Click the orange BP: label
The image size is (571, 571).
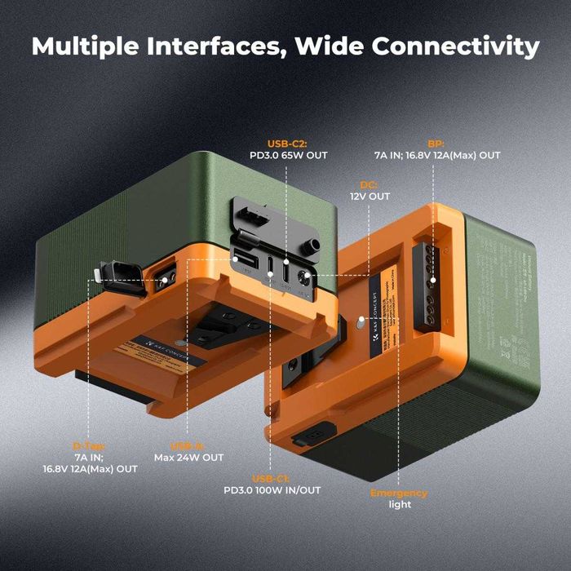[x=439, y=140]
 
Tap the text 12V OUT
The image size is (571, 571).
[x=370, y=197]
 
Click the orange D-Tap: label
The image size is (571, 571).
[x=89, y=446]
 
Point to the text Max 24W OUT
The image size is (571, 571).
[x=188, y=458]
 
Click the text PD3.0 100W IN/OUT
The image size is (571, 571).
[x=272, y=490]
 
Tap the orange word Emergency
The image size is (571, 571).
[x=398, y=493]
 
